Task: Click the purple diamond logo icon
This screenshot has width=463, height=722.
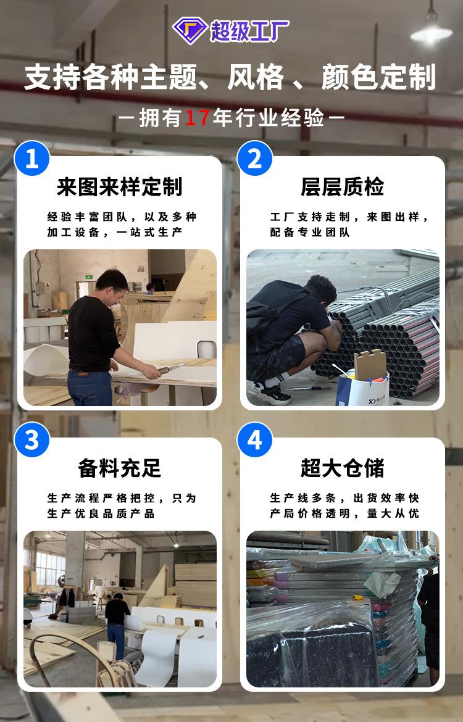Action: pos(190,30)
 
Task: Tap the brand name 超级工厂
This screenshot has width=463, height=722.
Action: pos(249,31)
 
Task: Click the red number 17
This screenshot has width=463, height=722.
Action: pos(198,118)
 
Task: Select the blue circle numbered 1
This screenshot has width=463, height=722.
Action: pos(31,158)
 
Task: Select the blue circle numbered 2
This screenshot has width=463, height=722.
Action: pos(255,158)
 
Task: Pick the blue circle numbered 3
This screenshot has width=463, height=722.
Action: pos(31,440)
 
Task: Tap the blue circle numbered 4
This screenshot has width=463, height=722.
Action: pos(255,440)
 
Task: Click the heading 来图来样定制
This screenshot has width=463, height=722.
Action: pos(120,187)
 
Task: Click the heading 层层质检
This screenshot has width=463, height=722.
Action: pos(342,187)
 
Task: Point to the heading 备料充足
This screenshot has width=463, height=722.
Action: pos(120,468)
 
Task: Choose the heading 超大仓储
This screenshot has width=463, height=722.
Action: pos(342,468)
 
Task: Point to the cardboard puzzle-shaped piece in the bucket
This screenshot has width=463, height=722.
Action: pos(370,364)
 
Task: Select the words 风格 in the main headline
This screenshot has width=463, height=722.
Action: pos(256,77)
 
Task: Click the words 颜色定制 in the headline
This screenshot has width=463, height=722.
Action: pos(378,77)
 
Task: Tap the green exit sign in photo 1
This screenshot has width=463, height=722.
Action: pos(88,278)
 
